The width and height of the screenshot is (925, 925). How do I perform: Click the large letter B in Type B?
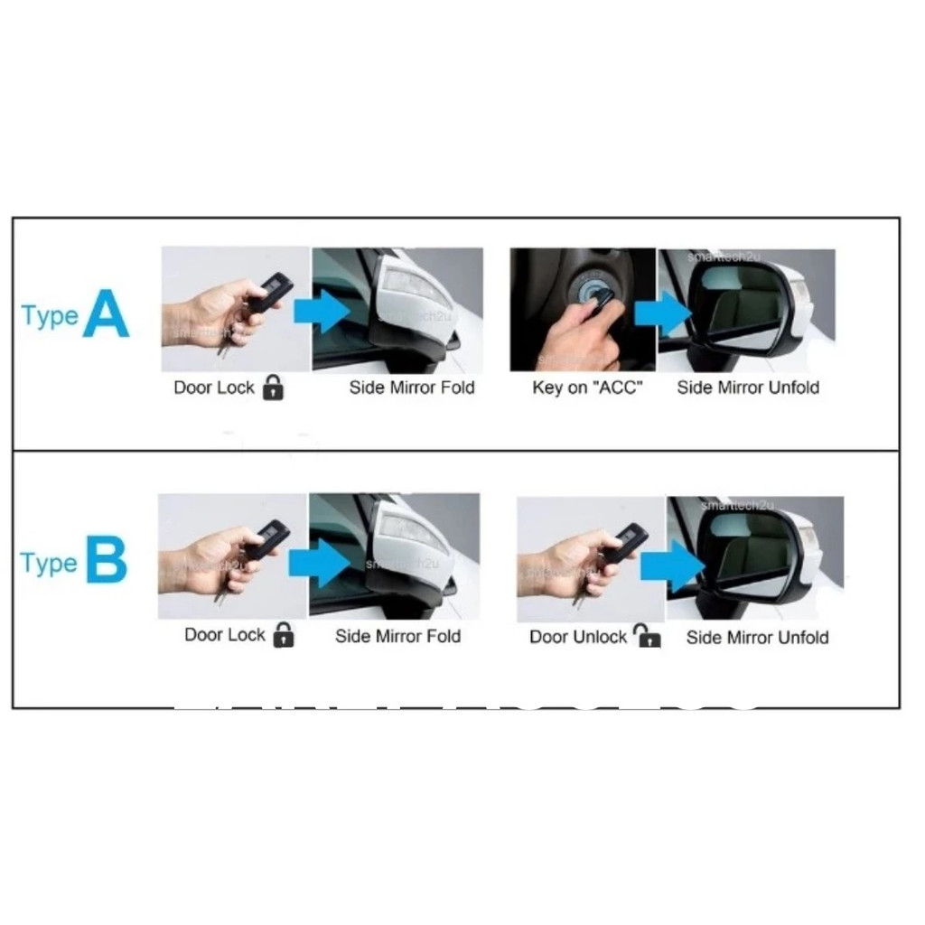(x=106, y=561)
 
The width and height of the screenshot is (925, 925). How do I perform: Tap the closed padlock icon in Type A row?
(x=272, y=388)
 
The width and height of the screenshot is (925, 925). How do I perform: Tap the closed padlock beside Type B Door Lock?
(x=284, y=635)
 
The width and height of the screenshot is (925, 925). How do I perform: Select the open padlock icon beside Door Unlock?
(x=646, y=636)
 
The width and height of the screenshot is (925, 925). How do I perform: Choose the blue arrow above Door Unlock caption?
(x=672, y=565)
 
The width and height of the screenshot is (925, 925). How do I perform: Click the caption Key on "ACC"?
(x=587, y=388)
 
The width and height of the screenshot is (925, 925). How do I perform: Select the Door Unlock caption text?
(x=578, y=637)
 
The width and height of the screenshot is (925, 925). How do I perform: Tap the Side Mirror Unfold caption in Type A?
(x=748, y=388)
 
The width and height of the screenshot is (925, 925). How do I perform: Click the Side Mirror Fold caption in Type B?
(x=397, y=637)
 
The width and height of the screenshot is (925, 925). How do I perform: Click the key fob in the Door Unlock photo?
(x=625, y=542)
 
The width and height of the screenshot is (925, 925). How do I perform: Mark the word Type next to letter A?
(x=49, y=317)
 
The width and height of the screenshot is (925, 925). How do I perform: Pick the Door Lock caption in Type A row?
(x=215, y=388)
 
